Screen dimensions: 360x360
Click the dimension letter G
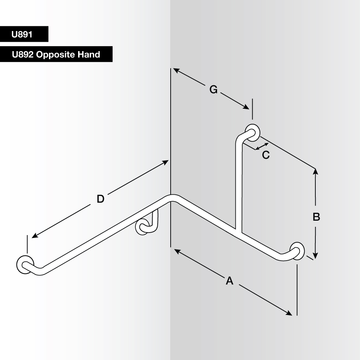[x=213, y=90]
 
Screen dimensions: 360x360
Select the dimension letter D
[x=100, y=199]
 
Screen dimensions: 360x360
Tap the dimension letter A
[x=230, y=280]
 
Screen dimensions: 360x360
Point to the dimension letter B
[x=316, y=217]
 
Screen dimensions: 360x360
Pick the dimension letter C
[x=266, y=155]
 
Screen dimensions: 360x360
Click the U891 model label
[x=22, y=35]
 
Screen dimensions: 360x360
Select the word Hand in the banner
[x=89, y=54]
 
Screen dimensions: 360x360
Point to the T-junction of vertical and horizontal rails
[x=238, y=232]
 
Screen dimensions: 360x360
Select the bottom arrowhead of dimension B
[x=315, y=256]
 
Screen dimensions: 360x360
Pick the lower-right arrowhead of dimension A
[x=289, y=314]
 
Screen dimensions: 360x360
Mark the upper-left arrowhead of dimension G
[x=176, y=70]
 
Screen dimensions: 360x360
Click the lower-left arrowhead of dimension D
[x=35, y=236]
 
